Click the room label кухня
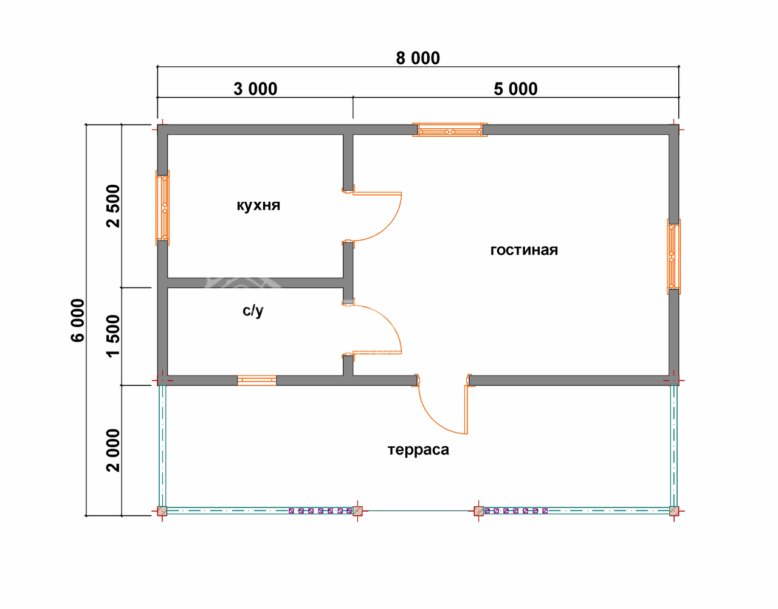tap(258, 205)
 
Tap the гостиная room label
tap(524, 250)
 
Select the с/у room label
tap(253, 311)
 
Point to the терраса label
tap(418, 450)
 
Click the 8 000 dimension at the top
tap(418, 58)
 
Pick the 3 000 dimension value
tap(255, 89)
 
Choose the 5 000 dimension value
tap(515, 89)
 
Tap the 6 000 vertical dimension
tap(78, 320)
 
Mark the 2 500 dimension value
tap(113, 206)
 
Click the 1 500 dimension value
tap(113, 336)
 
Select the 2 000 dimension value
tap(113, 450)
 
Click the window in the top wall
tap(450, 129)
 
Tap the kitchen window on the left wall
tap(162, 208)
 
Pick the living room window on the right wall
tap(673, 256)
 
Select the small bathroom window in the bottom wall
tap(256, 380)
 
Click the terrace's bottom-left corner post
tap(162, 511)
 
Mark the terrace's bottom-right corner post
tap(674, 511)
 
